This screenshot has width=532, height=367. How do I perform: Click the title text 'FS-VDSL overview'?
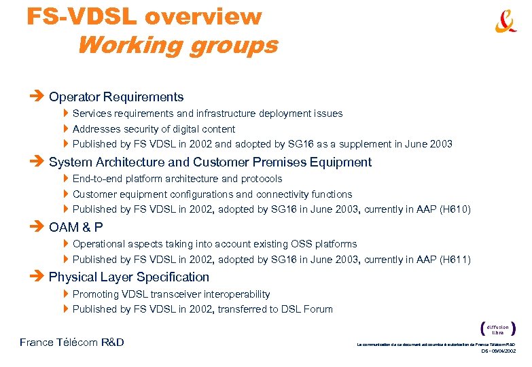pos(144,17)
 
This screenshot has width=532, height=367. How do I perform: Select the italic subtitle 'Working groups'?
pos(177,45)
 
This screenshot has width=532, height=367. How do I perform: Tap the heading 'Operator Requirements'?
pos(116,97)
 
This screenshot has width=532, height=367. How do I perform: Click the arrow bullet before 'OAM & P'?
pos(37,227)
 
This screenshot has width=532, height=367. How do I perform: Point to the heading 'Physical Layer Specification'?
pos(129,277)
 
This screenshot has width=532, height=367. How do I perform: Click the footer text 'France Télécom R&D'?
pos(72,343)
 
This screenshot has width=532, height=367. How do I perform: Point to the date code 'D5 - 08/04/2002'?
pos(499,351)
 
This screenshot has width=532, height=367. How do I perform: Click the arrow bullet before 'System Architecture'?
pos(37,162)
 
